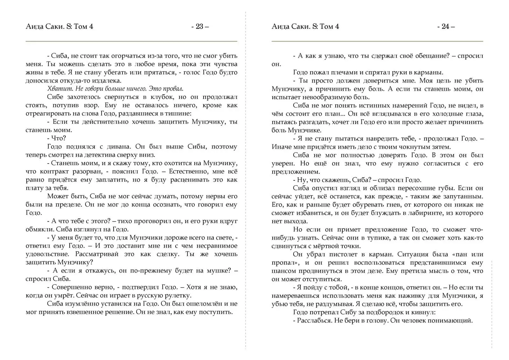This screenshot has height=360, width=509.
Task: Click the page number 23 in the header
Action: tap(199, 26)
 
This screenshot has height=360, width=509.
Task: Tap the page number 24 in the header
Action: tap(445, 26)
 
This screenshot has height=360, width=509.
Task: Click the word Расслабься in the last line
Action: tap(314, 321)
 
